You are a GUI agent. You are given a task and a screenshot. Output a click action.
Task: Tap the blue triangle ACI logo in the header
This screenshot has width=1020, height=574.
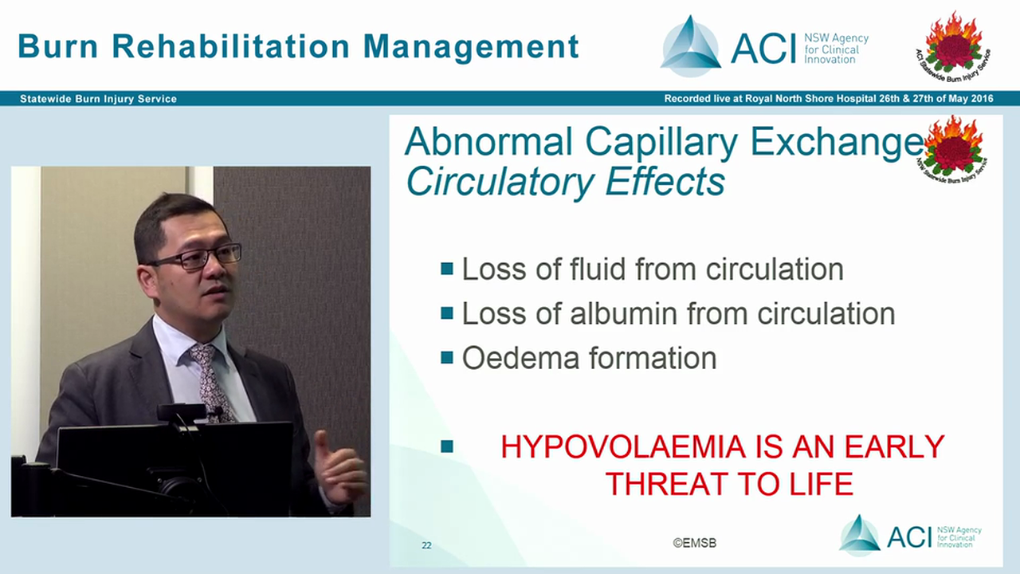[690, 46]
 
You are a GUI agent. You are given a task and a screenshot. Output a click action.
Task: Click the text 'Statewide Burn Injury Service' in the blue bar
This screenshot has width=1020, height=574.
[98, 99]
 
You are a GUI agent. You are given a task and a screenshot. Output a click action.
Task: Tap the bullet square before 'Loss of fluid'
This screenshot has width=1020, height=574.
[447, 269]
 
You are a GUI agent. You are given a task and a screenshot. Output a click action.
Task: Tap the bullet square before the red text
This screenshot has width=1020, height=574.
[447, 446]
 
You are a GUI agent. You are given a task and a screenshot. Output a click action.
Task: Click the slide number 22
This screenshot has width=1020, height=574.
[426, 545]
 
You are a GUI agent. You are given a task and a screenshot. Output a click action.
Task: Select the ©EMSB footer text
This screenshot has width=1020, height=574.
[694, 543]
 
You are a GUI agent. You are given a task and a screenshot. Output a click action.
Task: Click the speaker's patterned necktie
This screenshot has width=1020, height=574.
[210, 379]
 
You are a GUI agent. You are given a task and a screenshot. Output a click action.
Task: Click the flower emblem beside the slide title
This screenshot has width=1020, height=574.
[952, 147]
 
